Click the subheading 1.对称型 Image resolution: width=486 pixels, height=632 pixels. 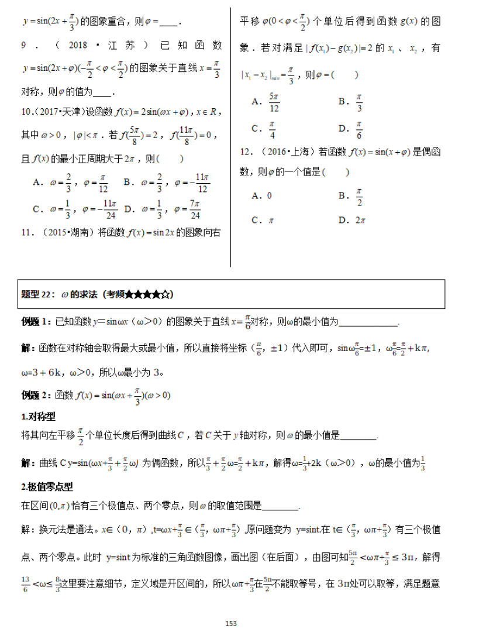pyautogui.click(x=38, y=416)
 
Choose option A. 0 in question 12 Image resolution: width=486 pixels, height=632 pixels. pyautogui.click(x=261, y=195)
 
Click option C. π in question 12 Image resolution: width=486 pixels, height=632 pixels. pyautogui.click(x=262, y=220)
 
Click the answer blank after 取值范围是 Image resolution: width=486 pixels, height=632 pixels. pyautogui.click(x=281, y=507)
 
